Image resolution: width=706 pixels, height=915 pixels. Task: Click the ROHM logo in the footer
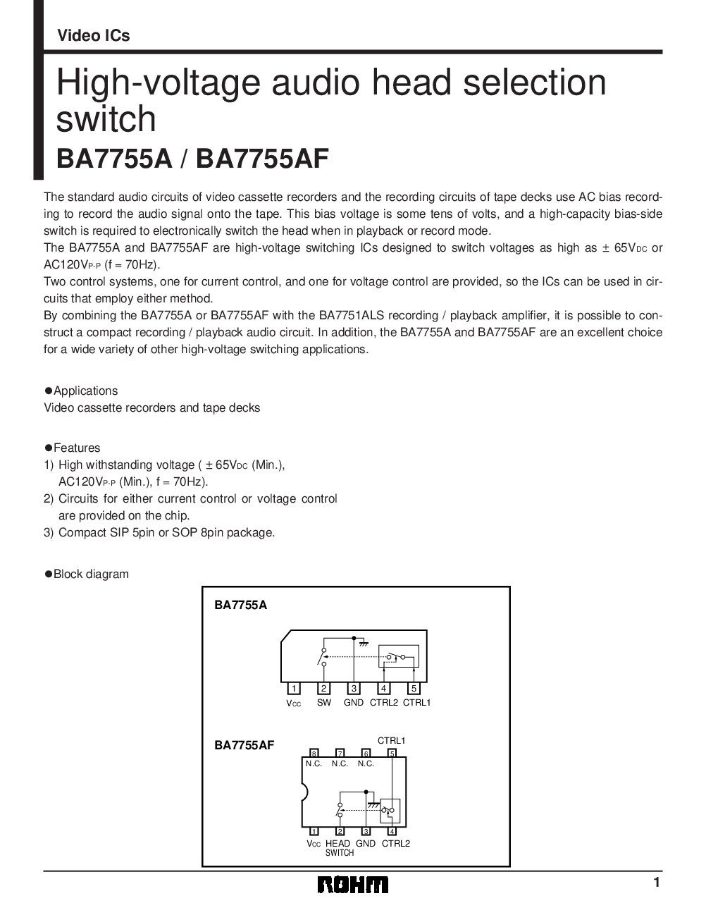[x=352, y=884]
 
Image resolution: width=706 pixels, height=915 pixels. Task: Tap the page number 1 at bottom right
[x=656, y=882]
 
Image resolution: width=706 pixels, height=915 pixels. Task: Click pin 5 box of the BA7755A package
[x=414, y=688]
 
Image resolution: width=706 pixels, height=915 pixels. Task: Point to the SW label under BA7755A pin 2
[x=323, y=702]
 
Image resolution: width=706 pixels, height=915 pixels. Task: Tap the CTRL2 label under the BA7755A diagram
[x=383, y=702]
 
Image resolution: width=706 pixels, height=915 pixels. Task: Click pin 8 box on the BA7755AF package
[x=314, y=753]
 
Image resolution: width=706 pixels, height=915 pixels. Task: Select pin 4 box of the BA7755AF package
[x=392, y=831]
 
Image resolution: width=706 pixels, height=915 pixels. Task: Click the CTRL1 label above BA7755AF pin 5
[x=391, y=740]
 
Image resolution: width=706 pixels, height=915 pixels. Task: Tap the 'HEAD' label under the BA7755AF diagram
[x=338, y=843]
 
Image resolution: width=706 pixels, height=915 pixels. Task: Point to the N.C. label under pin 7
[x=340, y=763]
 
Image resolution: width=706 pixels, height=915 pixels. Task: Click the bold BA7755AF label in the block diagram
[x=244, y=744]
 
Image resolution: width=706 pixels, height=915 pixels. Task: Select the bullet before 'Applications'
[x=49, y=391]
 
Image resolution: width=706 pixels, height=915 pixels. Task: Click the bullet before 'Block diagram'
[x=49, y=574]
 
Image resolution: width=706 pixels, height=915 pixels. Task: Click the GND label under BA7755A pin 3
[x=354, y=702]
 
